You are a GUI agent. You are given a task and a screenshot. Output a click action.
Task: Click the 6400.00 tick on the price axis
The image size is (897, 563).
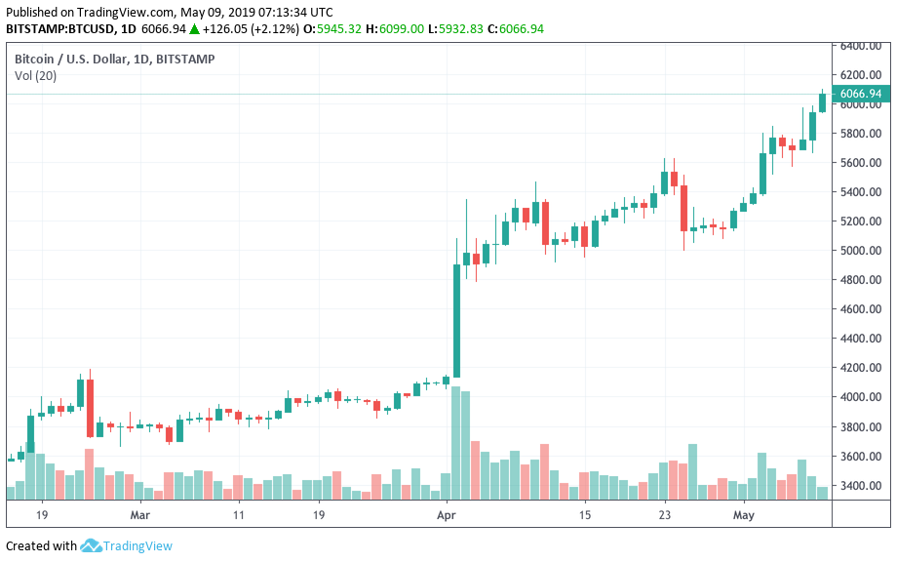[862, 46]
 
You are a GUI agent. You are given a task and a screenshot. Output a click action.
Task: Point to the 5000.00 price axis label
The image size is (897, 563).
[862, 251]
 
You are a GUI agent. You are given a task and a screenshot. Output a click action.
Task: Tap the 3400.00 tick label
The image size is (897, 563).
[862, 486]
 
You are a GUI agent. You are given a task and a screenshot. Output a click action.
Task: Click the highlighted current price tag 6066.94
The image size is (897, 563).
[861, 95]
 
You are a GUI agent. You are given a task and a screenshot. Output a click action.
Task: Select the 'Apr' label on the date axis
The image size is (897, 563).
[447, 514]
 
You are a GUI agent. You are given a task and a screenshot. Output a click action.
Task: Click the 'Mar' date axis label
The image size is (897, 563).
[140, 514]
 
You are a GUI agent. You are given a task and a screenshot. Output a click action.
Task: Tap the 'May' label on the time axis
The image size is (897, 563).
[744, 514]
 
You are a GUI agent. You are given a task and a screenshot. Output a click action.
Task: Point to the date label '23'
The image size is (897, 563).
[664, 514]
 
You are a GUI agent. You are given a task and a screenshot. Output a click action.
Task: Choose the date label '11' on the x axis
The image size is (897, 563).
[239, 514]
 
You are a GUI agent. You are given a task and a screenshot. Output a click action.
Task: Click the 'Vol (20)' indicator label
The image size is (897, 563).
[35, 76]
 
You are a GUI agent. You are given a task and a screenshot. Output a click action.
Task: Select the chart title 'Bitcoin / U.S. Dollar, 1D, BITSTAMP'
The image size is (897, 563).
[115, 60]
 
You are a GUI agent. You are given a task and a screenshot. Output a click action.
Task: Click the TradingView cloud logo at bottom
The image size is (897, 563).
[92, 545]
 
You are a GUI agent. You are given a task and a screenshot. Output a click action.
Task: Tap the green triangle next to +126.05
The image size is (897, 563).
[195, 29]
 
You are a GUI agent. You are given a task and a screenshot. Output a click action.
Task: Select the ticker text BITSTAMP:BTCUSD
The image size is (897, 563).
[58, 29]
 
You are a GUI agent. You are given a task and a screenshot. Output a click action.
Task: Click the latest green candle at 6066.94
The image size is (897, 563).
[822, 102]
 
